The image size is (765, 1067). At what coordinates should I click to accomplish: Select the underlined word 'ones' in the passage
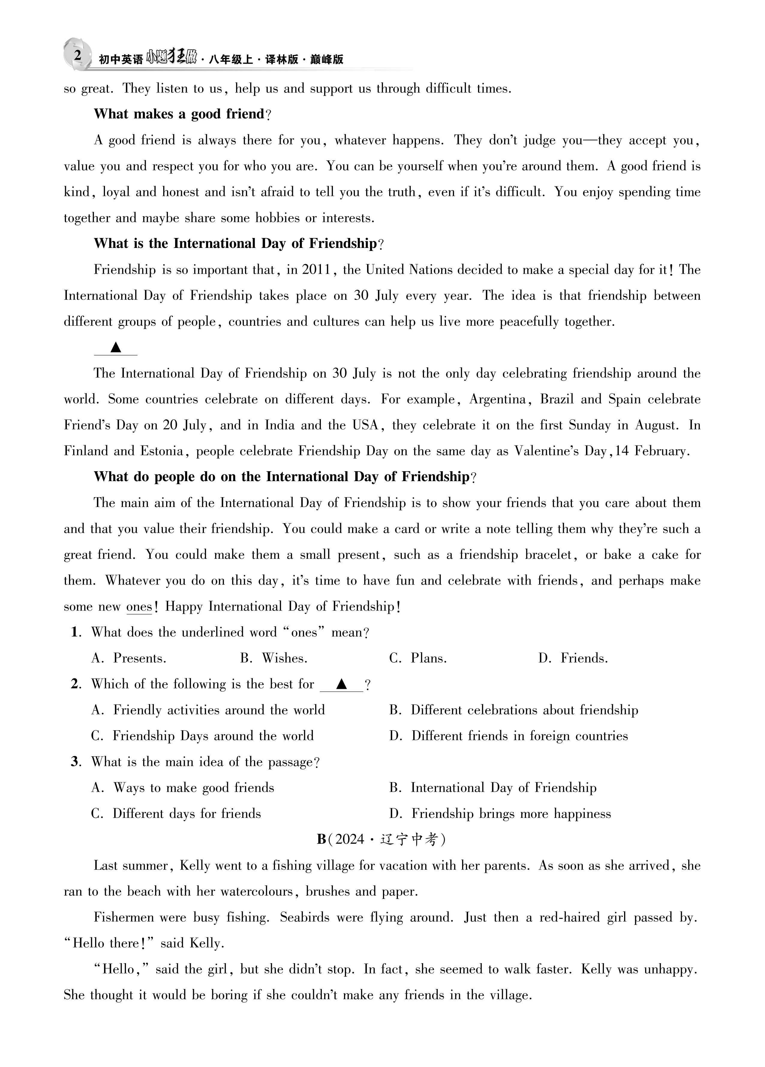139,607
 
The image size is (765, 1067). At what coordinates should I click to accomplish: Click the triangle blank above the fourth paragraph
116,348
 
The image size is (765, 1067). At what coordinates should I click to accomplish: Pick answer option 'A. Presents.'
129,659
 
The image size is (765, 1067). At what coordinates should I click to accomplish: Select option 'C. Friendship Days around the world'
202,736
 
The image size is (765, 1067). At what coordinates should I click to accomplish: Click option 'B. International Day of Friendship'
493,788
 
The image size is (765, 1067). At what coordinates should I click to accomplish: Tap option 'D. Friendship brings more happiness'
500,814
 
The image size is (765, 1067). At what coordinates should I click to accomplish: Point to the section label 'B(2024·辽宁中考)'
382,839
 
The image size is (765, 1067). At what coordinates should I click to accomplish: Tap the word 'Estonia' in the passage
161,451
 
